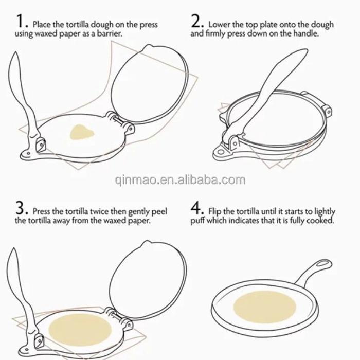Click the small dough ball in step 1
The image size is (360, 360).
pos(81,133)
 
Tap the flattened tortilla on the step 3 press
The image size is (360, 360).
pos(80,330)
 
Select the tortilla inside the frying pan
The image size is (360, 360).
pos(265,307)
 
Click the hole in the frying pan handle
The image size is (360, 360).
pos(323,263)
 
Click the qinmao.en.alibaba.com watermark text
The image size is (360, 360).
pos(180,180)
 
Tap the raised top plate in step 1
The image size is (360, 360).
pos(150,84)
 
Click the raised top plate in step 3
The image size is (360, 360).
pos(148,280)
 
